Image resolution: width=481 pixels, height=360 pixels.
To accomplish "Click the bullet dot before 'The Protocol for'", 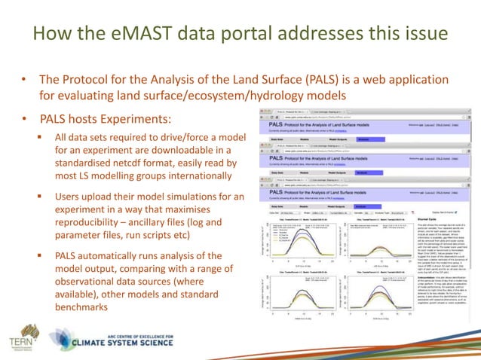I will [23, 80].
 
